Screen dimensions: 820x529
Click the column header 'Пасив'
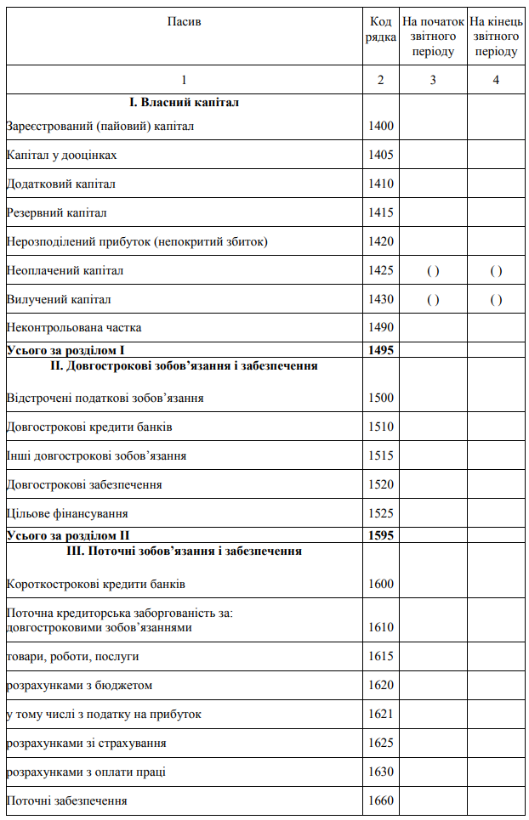[185, 20]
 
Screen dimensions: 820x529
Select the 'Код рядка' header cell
[381, 29]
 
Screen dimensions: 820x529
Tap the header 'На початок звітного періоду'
[433, 36]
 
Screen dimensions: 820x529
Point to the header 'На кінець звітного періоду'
[496, 36]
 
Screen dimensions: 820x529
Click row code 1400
[381, 127]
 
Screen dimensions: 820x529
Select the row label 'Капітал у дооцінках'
[61, 156]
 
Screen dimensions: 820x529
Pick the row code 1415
[381, 212]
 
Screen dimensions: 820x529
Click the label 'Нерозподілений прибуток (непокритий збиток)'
[137, 241]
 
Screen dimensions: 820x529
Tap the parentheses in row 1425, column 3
[433, 271]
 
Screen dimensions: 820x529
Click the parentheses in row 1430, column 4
[496, 300]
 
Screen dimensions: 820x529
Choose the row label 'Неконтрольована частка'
[74, 327]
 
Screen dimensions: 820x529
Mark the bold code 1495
[381, 349]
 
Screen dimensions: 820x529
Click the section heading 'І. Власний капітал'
[184, 103]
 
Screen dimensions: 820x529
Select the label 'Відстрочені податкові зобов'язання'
[105, 398]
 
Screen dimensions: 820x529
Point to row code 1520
[381, 484]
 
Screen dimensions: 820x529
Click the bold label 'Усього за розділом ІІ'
[67, 535]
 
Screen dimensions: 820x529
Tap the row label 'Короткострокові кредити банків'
[95, 585]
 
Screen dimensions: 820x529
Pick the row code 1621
[381, 714]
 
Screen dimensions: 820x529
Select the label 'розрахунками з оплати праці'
[86, 772]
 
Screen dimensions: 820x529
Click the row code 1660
[381, 800]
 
